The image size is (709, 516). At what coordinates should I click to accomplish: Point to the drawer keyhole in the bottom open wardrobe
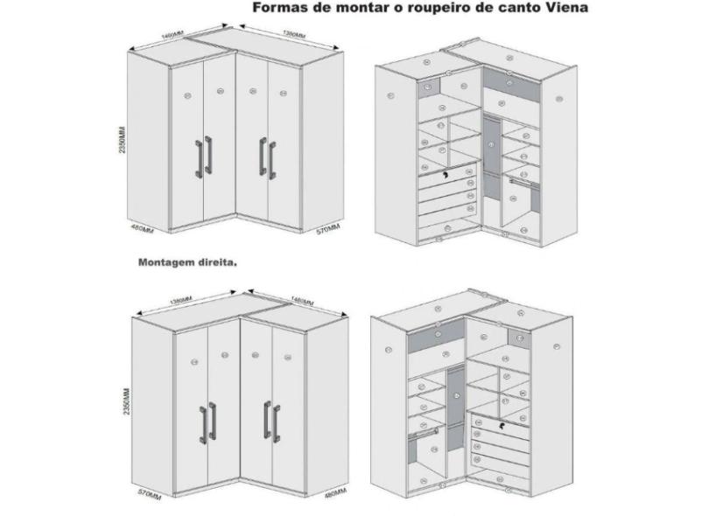click(502, 426)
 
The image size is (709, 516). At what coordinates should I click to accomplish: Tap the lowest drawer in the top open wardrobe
click(446, 225)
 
